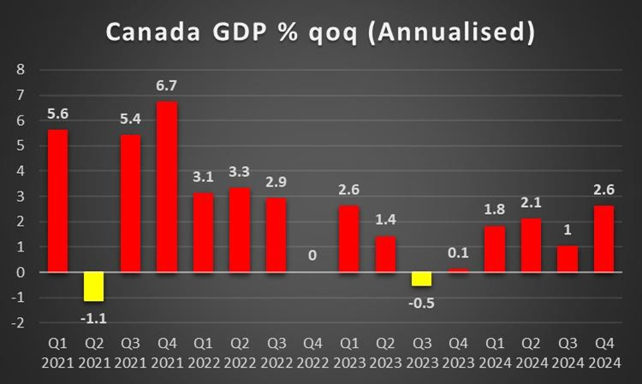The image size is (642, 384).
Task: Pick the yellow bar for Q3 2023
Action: pos(420,279)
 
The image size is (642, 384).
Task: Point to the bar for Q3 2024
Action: pos(567,259)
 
